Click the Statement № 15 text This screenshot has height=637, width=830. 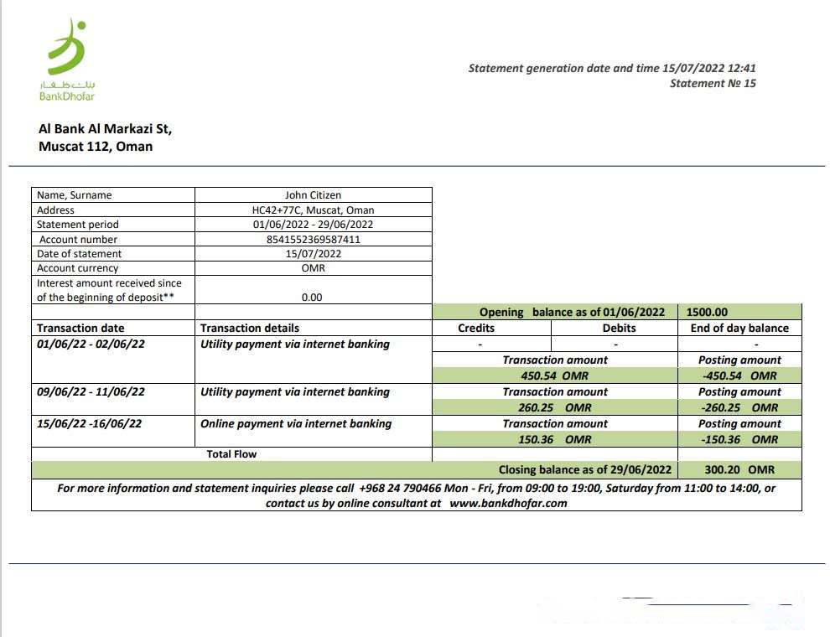(713, 83)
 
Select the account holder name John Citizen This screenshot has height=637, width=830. (313, 195)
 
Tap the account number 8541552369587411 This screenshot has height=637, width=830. (313, 239)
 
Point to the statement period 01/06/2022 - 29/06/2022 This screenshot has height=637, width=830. (313, 225)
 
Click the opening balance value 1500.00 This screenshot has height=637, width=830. (707, 312)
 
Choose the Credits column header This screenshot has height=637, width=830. (476, 328)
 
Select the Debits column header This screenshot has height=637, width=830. (619, 328)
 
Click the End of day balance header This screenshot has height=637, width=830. (739, 328)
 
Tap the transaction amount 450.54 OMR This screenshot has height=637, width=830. (554, 375)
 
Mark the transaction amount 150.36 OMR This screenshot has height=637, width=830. (554, 439)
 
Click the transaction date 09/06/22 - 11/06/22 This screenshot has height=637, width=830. (91, 391)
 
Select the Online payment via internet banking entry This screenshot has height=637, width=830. (296, 423)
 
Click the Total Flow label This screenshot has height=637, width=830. (231, 454)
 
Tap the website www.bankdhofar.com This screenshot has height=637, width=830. (508, 503)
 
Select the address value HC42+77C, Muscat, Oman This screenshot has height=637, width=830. (313, 210)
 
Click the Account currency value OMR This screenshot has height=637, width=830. (313, 268)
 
